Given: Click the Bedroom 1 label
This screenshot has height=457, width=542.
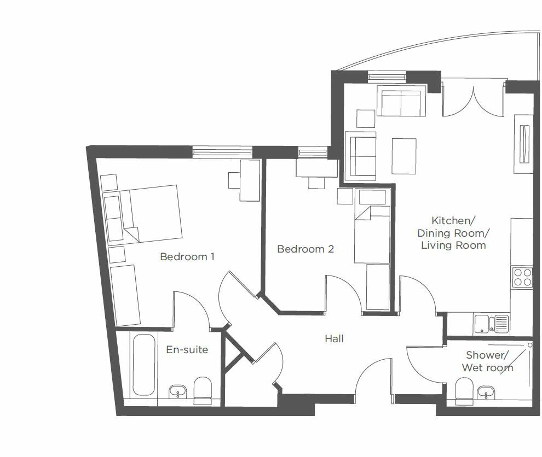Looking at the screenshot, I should pyautogui.click(x=187, y=256).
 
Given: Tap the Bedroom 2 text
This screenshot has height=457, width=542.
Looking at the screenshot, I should pyautogui.click(x=305, y=249).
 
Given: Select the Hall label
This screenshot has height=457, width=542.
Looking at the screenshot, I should pyautogui.click(x=334, y=339).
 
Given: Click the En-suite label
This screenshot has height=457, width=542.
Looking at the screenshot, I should pyautogui.click(x=187, y=349).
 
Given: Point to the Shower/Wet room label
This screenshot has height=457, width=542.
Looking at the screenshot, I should pyautogui.click(x=487, y=361).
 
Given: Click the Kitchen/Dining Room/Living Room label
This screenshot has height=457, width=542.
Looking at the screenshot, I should pyautogui.click(x=453, y=233).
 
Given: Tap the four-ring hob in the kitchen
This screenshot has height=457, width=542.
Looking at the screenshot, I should pyautogui.click(x=522, y=277).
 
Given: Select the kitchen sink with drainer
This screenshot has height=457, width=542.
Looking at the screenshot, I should pyautogui.click(x=491, y=324).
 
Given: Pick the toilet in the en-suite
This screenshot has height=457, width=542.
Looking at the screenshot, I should pyautogui.click(x=203, y=389).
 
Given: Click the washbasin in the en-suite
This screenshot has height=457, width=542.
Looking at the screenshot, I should pyautogui.click(x=177, y=391).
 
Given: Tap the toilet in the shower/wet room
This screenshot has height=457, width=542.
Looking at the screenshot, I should pyautogui.click(x=464, y=391).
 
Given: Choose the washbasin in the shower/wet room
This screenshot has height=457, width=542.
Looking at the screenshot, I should pyautogui.click(x=486, y=392).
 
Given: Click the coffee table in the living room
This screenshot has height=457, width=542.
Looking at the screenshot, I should pyautogui.click(x=404, y=156).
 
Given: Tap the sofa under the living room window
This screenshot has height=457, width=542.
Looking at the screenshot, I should pyautogui.click(x=401, y=103).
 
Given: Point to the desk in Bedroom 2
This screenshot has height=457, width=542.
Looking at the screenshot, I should pyautogui.click(x=316, y=168).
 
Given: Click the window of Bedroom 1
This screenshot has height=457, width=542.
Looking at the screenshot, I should pyautogui.click(x=222, y=151).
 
